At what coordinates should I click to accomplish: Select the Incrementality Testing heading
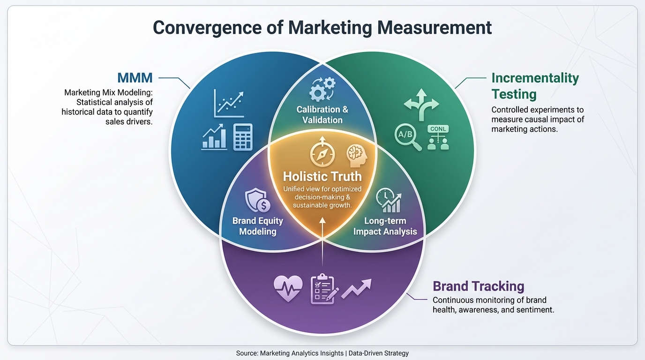point(535,86)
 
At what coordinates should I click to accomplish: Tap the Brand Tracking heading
point(478,286)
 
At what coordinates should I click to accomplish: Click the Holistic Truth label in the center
point(322,176)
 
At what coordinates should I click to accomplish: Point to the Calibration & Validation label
point(322,114)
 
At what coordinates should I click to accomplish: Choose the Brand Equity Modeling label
point(257,226)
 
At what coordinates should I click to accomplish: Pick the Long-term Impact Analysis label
point(385,226)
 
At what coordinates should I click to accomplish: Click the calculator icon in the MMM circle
point(243,136)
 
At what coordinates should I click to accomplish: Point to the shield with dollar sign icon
point(257,201)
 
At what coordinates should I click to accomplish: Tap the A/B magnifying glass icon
point(406,136)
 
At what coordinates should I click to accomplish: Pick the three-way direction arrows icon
point(420,103)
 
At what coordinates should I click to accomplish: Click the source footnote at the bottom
point(322,353)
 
